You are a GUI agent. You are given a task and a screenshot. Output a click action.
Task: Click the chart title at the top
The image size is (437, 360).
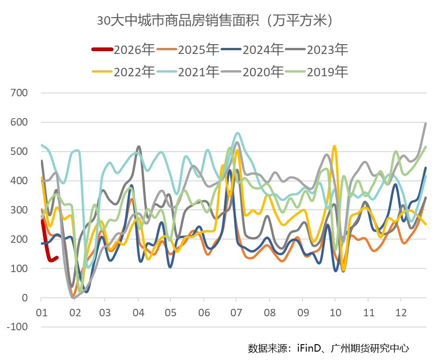coord(218,21)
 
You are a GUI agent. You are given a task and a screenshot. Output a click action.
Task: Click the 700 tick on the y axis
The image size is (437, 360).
coord(20,93)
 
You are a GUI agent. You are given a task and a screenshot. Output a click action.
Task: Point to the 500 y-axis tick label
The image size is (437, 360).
coord(20,152)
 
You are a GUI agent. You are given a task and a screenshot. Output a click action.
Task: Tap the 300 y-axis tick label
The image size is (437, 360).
coord(20,210)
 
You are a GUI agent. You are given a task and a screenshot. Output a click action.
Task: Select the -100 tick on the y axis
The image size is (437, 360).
coord(18,327)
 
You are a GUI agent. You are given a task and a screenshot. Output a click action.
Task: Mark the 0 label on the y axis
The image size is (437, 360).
coord(25,298)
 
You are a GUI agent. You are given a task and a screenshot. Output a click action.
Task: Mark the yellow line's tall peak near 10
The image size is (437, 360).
coord(335,147)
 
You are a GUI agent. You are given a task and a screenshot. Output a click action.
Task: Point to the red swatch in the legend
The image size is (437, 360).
coord(102,49)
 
